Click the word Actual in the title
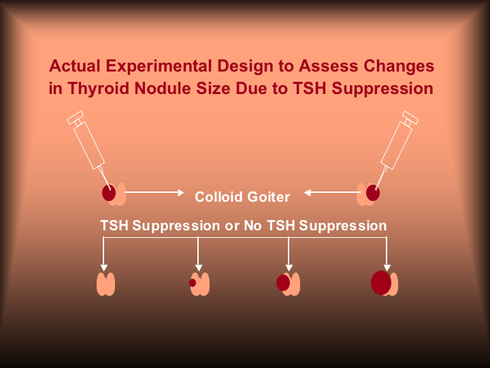(x=73, y=67)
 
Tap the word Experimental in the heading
(x=155, y=67)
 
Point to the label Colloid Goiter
(x=242, y=197)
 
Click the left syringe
(x=88, y=142)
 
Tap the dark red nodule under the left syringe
(x=109, y=193)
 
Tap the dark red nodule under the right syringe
(x=372, y=193)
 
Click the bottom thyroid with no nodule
(x=105, y=283)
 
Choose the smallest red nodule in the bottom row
(x=193, y=283)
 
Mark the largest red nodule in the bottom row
(x=381, y=283)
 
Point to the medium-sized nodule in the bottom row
(x=283, y=283)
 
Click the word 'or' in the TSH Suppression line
(x=232, y=226)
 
